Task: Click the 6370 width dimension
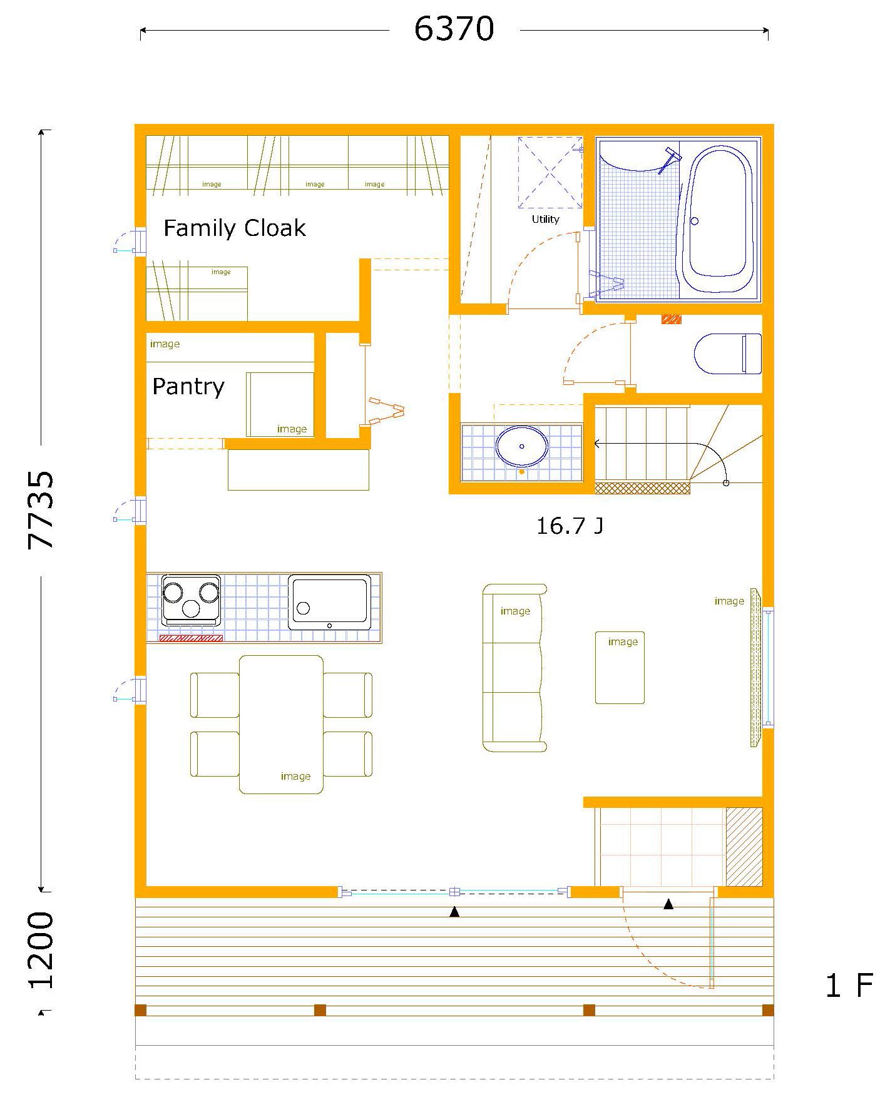(x=454, y=29)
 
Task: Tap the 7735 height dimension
(x=41, y=510)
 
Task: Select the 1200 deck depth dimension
(x=41, y=950)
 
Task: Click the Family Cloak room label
(x=235, y=228)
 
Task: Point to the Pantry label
(x=188, y=386)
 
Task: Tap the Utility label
(x=545, y=219)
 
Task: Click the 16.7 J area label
(x=570, y=526)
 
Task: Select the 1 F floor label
(x=849, y=986)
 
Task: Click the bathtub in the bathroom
(x=717, y=219)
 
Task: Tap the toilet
(x=728, y=354)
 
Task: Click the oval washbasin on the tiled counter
(x=522, y=446)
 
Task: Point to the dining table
(x=281, y=724)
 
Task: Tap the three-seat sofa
(x=514, y=668)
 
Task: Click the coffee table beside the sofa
(x=620, y=667)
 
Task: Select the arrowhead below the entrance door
(x=668, y=904)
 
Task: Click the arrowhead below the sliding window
(x=454, y=912)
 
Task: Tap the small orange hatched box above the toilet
(x=672, y=319)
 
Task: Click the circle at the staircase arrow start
(x=726, y=482)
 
